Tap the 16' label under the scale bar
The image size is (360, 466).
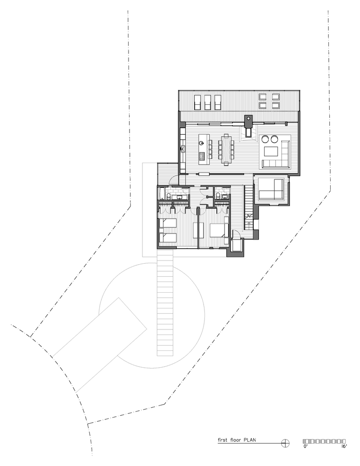[x=344, y=446]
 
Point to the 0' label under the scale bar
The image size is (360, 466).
[x=305, y=446]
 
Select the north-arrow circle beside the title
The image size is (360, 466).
[x=285, y=443]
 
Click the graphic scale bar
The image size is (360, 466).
[x=324, y=441]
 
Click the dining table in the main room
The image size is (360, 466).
[x=226, y=149]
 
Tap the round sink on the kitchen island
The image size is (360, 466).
[x=201, y=143]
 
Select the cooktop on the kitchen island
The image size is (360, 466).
[x=202, y=156]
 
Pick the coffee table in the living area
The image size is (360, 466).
[x=271, y=151]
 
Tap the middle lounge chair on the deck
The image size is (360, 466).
[x=208, y=102]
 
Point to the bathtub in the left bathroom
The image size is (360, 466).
[x=160, y=193]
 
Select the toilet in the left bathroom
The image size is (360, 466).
[x=168, y=195]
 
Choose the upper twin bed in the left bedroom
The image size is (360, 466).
[x=168, y=223]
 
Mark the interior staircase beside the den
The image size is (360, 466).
[x=249, y=207]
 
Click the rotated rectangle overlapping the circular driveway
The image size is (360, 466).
[x=100, y=345]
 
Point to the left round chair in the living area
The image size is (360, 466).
[x=265, y=139]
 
